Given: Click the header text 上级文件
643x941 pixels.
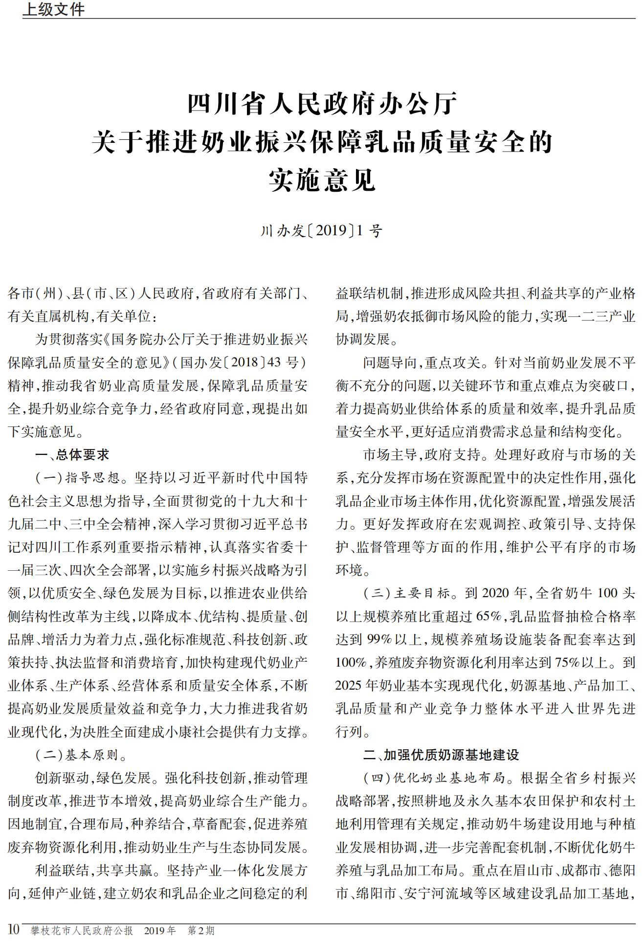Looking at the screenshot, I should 54,9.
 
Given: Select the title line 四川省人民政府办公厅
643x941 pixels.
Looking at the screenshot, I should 322,103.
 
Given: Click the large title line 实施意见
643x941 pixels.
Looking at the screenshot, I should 322,179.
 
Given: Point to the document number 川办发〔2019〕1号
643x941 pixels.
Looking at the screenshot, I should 321,230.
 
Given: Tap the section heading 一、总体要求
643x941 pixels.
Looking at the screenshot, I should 72,454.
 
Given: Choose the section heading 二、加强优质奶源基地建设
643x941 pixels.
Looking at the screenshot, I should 441,755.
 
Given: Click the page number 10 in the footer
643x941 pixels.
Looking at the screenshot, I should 13,929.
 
